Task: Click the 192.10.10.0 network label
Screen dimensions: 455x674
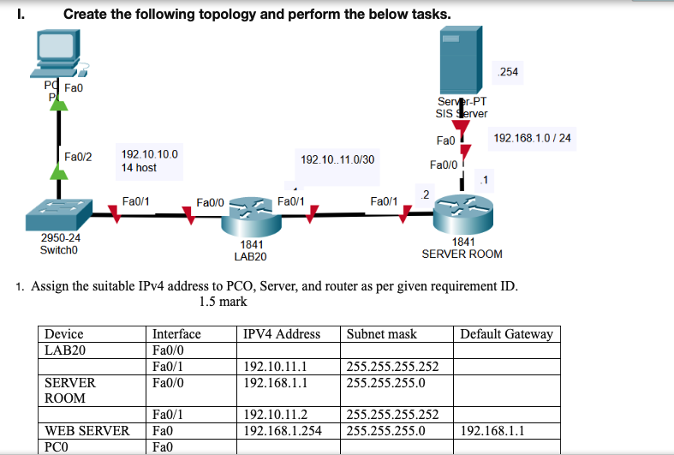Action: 150,154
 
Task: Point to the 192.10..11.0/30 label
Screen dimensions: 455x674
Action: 337,159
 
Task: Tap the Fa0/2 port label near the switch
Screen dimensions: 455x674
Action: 78,156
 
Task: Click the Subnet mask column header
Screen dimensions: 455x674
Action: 381,334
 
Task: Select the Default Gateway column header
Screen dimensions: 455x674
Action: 507,334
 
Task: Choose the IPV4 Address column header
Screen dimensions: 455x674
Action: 282,334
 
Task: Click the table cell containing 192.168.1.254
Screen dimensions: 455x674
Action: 283,431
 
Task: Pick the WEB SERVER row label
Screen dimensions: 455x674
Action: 86,431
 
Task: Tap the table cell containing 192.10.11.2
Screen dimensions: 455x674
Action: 276,416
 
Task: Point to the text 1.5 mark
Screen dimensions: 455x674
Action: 223,302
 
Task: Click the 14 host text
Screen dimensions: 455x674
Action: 139,168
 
